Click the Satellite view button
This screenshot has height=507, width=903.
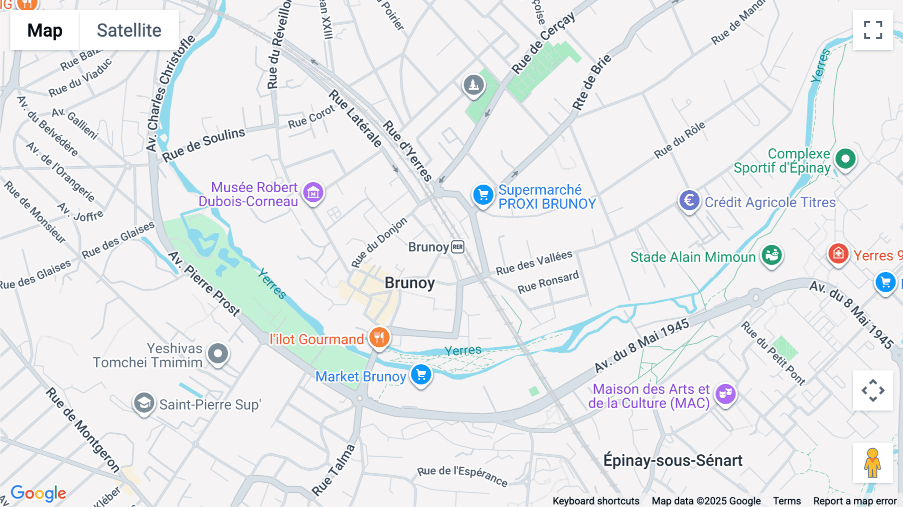(129, 30)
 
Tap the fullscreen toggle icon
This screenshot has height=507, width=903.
(873, 30)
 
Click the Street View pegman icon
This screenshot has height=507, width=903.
(873, 463)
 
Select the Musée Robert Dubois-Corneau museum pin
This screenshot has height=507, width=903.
(314, 192)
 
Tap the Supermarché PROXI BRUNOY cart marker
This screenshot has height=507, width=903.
(483, 195)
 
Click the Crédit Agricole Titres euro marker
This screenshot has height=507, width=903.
(689, 200)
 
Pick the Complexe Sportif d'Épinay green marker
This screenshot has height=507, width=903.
(845, 159)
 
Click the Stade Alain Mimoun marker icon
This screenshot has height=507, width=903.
(772, 255)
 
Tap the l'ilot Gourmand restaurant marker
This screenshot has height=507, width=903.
(379, 337)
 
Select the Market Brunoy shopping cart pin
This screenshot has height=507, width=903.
(421, 374)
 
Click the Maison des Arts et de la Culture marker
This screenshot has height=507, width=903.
(725, 394)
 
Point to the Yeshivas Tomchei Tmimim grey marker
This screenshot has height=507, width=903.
(218, 354)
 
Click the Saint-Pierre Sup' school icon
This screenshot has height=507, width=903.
(144, 403)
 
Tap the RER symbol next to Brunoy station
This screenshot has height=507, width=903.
(458, 247)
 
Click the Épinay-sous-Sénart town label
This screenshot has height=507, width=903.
(673, 460)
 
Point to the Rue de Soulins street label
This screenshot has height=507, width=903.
(203, 145)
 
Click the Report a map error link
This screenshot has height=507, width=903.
(855, 501)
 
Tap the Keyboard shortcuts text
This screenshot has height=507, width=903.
(596, 501)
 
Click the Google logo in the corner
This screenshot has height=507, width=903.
(38, 493)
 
